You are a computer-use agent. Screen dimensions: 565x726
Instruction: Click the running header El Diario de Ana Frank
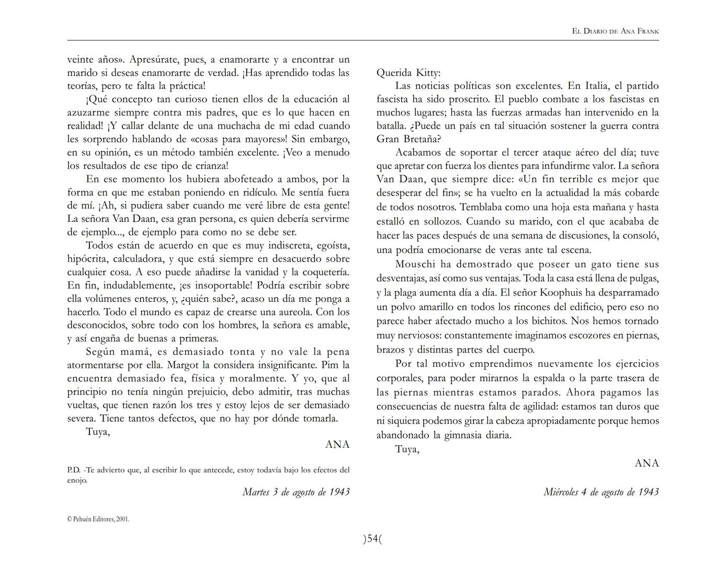tap(615, 31)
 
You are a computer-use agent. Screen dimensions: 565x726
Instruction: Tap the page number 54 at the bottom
tap(372, 539)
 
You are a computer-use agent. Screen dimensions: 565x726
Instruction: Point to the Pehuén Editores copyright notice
tap(98, 519)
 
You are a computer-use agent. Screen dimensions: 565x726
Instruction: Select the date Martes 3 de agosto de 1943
tap(296, 492)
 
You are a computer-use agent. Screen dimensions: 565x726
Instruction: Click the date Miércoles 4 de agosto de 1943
tap(601, 492)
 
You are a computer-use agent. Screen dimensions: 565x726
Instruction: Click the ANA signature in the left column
tap(337, 445)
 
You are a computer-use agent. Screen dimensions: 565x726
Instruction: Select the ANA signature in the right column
tap(646, 463)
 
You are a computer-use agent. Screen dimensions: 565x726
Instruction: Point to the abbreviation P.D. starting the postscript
tap(74, 470)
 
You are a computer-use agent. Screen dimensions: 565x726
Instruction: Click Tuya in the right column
tap(407, 449)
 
